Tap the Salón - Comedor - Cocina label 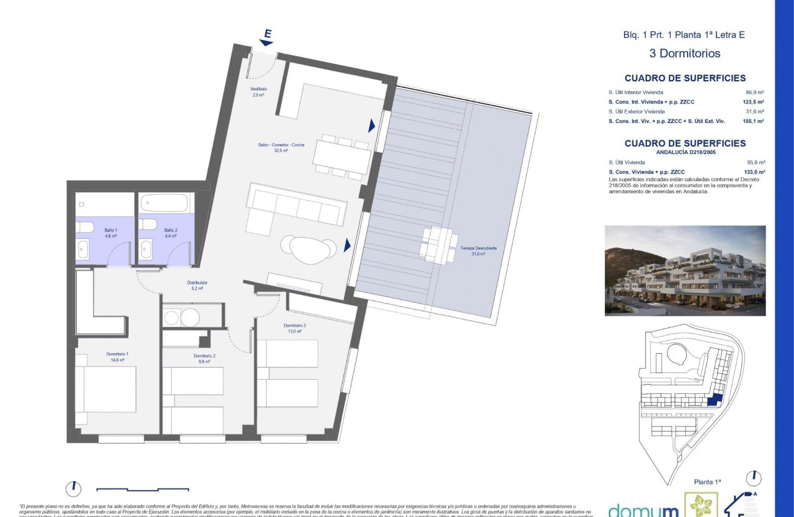(x=281, y=145)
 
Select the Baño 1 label (x=110, y=233)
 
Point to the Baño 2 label (x=170, y=233)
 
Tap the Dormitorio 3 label (x=294, y=328)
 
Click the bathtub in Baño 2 (x=165, y=202)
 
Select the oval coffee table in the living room (x=309, y=247)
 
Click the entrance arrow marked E (x=267, y=38)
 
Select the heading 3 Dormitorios (x=684, y=54)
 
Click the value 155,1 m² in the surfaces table (x=753, y=121)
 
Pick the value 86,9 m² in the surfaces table (x=755, y=92)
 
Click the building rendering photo (x=685, y=270)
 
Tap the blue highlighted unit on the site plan (x=713, y=400)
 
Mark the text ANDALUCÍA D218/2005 (x=685, y=152)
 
